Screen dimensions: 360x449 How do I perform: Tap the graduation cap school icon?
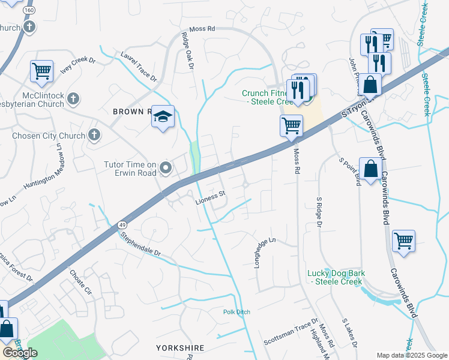coord(163,118)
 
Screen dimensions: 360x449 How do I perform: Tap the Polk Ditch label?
coord(237,312)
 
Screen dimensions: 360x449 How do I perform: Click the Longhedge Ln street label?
coord(265,253)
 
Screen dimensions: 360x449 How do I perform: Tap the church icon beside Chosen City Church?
coord(94,136)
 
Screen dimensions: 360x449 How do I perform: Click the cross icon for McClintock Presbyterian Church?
coord(73,99)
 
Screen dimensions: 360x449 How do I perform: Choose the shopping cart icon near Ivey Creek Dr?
coord(42,71)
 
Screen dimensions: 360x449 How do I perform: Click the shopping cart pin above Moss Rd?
coord(291,126)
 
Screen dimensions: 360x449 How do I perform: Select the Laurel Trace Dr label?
coord(139,67)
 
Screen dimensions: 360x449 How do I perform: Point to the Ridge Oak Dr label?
coord(187,50)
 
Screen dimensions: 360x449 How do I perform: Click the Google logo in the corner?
coord(20,353)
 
